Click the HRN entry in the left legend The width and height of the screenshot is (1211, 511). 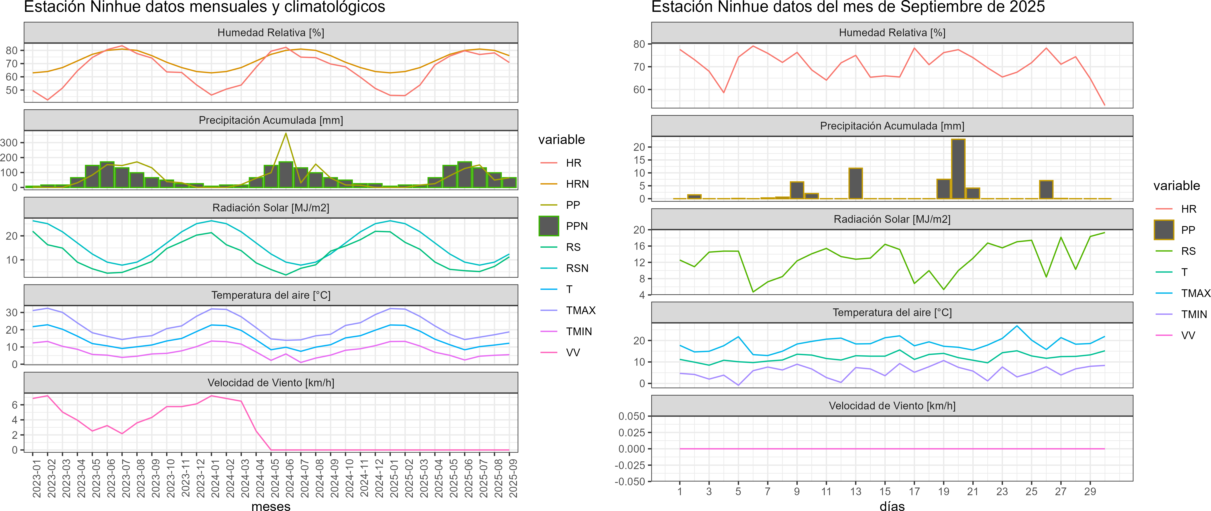pos(577,184)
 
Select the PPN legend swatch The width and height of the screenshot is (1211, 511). pos(549,226)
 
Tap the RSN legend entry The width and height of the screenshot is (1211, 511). pos(577,268)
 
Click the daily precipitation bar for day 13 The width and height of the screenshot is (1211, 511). pos(856,183)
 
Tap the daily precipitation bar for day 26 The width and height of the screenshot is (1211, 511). pos(1046,189)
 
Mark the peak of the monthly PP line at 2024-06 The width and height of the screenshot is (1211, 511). pos(286,134)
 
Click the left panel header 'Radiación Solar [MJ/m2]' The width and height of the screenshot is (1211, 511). pos(271,208)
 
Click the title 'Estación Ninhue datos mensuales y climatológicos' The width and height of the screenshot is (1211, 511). pos(205,7)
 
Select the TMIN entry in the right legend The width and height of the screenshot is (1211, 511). pos(1194,314)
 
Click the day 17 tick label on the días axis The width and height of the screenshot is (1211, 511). pos(914,491)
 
